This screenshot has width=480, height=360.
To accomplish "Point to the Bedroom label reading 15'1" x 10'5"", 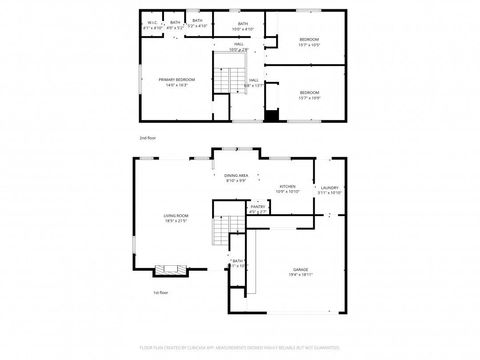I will [x=308, y=42].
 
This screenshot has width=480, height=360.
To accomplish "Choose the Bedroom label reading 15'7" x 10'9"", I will [x=308, y=95].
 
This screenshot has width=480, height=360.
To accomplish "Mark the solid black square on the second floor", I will [x=270, y=116].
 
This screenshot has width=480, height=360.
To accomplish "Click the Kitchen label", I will [x=288, y=188].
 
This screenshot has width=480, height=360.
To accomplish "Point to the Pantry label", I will [x=256, y=210].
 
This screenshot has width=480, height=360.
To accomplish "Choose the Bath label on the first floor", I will [x=237, y=265].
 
